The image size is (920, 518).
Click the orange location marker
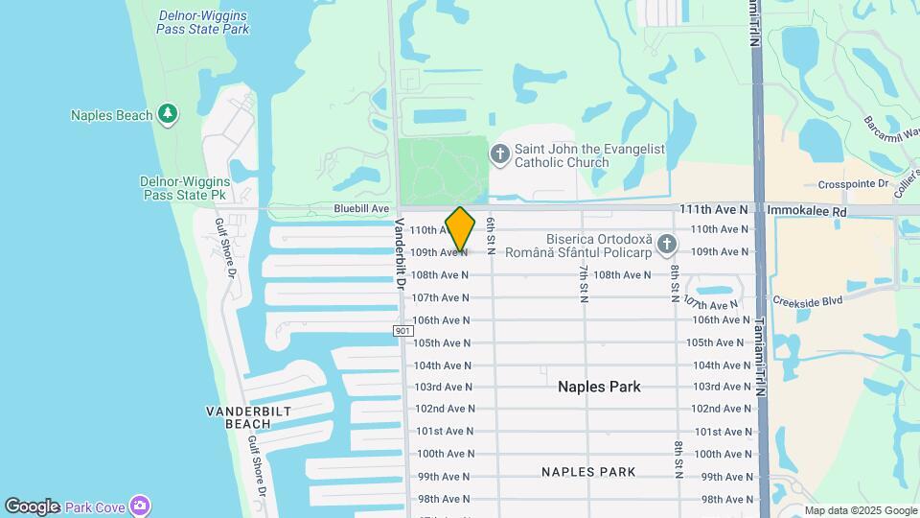pyautogui.click(x=460, y=229)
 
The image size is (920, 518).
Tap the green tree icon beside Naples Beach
pyautogui.click(x=169, y=114)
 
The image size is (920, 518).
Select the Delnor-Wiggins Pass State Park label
pyautogui.click(x=202, y=22)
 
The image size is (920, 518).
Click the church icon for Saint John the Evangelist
pyautogui.click(x=499, y=153)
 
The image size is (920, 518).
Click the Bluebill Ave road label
pyautogui.click(x=361, y=208)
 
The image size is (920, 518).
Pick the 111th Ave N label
pyautogui.click(x=713, y=208)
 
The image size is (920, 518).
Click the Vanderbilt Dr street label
pyautogui.click(x=400, y=254)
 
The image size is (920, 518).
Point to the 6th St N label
pyautogui.click(x=490, y=235)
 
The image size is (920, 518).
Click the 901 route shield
pyautogui.click(x=402, y=330)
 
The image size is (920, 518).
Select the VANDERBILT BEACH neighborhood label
pyautogui.click(x=248, y=416)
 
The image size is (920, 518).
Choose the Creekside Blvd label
pyautogui.click(x=807, y=300)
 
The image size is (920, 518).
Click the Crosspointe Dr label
pyautogui.click(x=854, y=184)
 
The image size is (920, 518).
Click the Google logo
pyautogui.click(x=32, y=506)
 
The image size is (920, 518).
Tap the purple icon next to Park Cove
pyautogui.click(x=141, y=506)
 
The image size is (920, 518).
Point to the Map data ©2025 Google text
pyautogui.click(x=861, y=510)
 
